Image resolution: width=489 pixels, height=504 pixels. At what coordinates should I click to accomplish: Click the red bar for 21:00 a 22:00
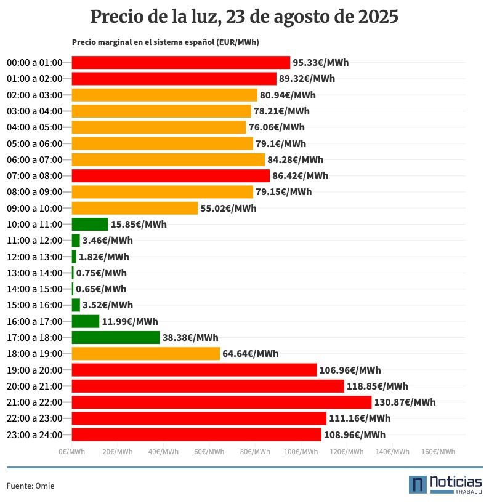click(222, 402)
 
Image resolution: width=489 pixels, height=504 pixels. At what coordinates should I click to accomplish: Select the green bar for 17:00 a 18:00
click(116, 337)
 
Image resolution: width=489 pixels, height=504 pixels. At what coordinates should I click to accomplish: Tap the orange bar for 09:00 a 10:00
click(135, 208)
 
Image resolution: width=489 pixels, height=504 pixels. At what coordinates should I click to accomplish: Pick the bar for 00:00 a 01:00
click(181, 62)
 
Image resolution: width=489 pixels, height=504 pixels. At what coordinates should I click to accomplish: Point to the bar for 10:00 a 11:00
click(90, 224)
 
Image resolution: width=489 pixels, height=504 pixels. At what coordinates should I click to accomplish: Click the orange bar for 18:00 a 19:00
click(146, 353)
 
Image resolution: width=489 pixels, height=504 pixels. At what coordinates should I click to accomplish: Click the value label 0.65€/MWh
click(101, 289)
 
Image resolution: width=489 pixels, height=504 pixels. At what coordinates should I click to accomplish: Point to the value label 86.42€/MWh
click(301, 176)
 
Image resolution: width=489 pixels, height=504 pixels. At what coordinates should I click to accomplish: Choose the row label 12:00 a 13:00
click(34, 257)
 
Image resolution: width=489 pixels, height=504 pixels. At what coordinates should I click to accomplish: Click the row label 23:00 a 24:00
click(34, 434)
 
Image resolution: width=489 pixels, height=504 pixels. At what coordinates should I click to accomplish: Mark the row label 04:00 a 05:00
click(34, 127)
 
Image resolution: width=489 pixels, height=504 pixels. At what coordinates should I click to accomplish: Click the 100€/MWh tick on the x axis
click(301, 452)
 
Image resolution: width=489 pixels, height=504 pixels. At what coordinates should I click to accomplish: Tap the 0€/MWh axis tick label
click(72, 452)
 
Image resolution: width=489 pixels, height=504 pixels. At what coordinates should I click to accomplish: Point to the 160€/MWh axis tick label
click(438, 452)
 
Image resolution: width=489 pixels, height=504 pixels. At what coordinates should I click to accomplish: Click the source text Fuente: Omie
click(30, 486)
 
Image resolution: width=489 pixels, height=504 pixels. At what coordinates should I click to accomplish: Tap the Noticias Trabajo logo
click(445, 484)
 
